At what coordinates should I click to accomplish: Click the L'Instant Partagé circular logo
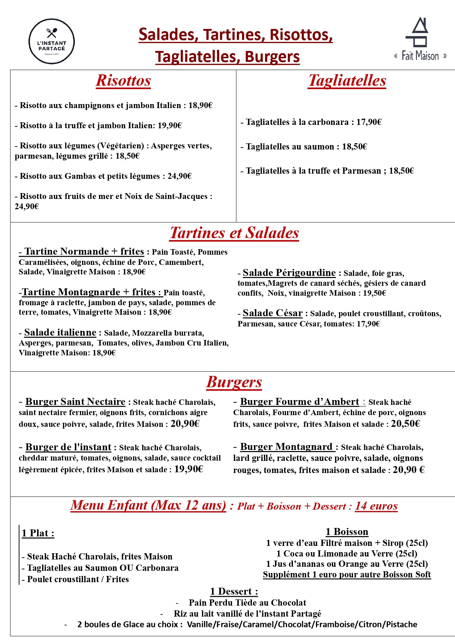52,41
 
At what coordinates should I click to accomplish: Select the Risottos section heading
123,81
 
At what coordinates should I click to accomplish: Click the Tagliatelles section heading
347,81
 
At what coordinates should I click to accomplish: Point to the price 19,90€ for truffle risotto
170,126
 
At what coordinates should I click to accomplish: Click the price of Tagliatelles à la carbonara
369,122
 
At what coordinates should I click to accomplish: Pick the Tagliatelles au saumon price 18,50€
355,147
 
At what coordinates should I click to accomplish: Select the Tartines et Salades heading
234,233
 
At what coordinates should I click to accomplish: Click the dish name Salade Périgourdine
289,273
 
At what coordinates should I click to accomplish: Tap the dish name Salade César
272,313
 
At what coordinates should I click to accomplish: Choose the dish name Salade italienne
60,332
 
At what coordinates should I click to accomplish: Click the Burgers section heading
234,382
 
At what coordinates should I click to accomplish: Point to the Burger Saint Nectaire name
75,402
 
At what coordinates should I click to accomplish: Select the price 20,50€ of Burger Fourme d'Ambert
406,424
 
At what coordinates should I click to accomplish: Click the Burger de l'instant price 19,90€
188,469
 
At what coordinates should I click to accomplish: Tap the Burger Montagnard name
286,447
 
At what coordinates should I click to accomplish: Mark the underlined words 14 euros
376,506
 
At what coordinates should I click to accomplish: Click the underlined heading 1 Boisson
347,532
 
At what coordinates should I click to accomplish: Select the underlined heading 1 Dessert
234,591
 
